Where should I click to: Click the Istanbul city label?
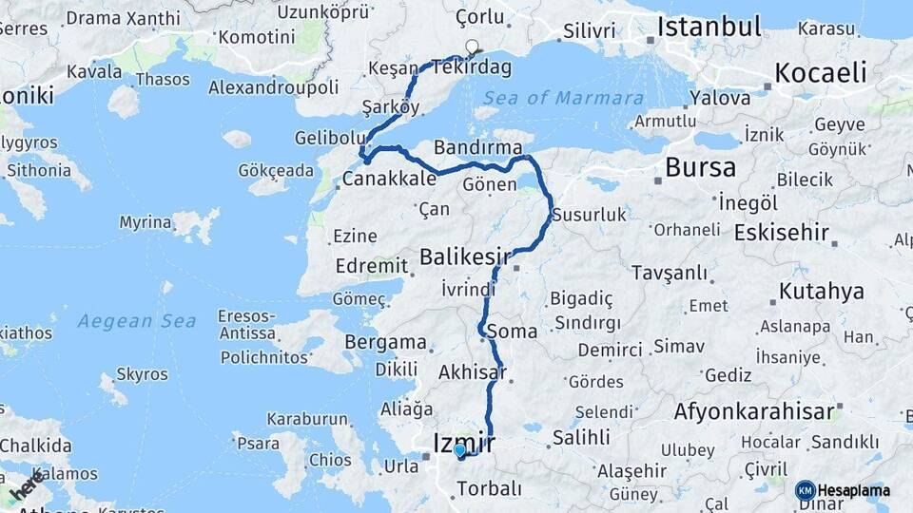coord(709,27)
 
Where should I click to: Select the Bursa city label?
coord(700,168)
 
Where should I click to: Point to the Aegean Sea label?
coord(137,321)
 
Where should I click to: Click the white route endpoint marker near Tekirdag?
coord(472,46)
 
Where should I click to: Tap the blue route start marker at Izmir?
coord(459,450)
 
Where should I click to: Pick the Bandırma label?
coord(477,147)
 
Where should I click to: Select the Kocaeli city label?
coord(821,73)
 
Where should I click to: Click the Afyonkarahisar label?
coord(754,411)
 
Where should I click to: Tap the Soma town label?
coord(512,332)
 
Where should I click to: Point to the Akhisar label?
coord(472,373)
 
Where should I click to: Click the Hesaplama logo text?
coord(854,491)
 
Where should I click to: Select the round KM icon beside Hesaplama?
coord(805,491)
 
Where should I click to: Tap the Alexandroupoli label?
coord(273,87)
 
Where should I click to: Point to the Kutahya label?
coord(821,291)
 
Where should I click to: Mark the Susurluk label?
coord(589,215)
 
